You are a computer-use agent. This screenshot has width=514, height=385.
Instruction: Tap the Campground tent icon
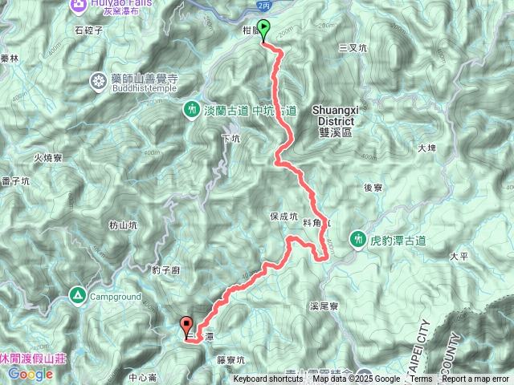tap(79, 295)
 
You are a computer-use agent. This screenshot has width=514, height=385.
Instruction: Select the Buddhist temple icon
tap(99, 80)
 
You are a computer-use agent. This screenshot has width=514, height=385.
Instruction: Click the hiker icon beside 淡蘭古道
tap(192, 108)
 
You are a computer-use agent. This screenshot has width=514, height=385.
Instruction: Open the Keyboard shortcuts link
tap(268, 379)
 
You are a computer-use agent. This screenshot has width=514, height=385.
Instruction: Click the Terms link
tap(421, 379)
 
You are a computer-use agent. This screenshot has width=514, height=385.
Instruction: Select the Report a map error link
tap(476, 379)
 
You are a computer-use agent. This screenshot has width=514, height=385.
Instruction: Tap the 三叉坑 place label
tap(353, 47)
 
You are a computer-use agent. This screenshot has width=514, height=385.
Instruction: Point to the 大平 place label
tap(459, 257)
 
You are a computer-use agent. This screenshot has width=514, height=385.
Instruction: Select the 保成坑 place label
tap(284, 217)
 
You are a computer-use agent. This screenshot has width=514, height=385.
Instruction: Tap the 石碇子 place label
tap(89, 31)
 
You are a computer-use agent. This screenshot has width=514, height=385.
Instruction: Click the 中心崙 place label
tap(141, 377)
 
